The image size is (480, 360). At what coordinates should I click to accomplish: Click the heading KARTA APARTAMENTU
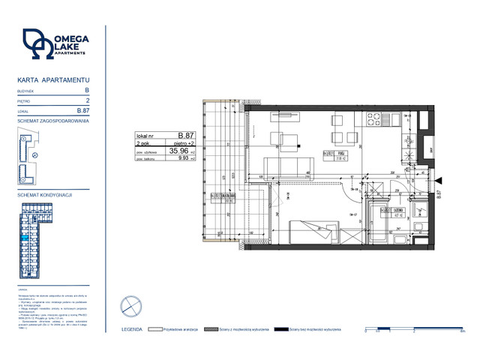click(54, 79)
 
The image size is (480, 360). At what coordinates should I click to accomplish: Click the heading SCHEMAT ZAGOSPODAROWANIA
click(53, 120)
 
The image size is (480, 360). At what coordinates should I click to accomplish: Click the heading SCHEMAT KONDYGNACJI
click(44, 194)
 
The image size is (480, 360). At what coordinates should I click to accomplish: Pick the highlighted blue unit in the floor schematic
click(25, 238)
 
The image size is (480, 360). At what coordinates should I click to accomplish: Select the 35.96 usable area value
click(178, 150)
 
